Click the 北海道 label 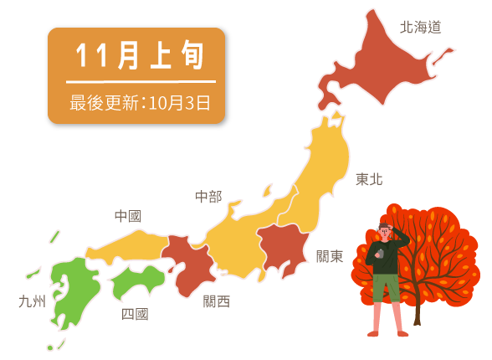click(x=420, y=27)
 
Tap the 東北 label click(x=369, y=179)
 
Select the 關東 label click(x=330, y=256)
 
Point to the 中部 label click(x=208, y=197)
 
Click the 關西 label click(x=216, y=301)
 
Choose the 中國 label click(x=127, y=216)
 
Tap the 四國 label click(x=135, y=314)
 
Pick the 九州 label click(x=32, y=301)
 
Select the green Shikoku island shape click(x=137, y=281)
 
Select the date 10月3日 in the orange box click(x=179, y=103)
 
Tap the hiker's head click(x=385, y=232)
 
